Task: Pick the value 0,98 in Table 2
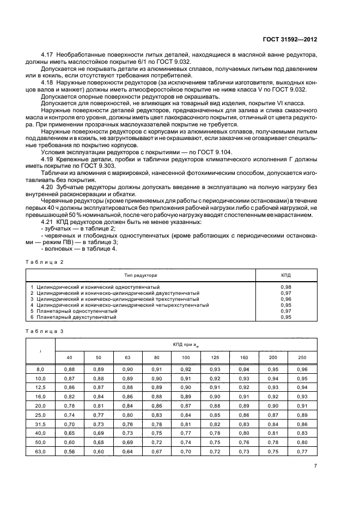[x=285, y=287]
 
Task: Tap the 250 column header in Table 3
[x=302, y=357]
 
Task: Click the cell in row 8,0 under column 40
[x=69, y=369]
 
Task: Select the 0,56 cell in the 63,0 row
[x=69, y=451]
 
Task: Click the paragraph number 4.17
[x=47, y=56]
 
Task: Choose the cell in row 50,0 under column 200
[x=273, y=442]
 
